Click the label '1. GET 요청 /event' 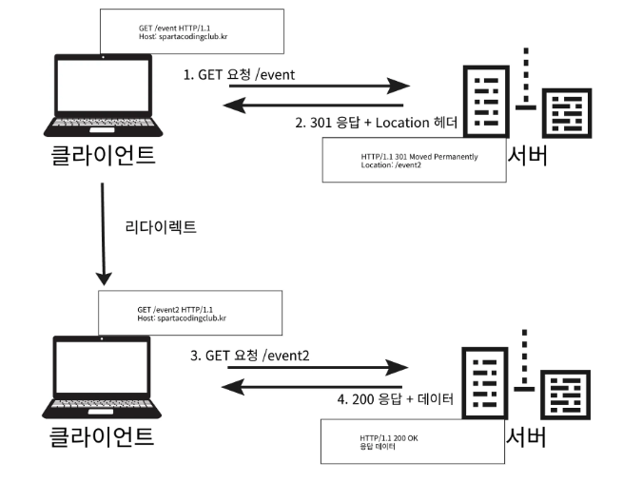tap(246, 74)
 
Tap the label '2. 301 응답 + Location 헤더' tap(377, 122)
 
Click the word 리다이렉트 tap(161, 228)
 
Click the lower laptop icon tap(102, 379)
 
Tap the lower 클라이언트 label tap(102, 438)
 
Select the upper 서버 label tap(527, 156)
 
